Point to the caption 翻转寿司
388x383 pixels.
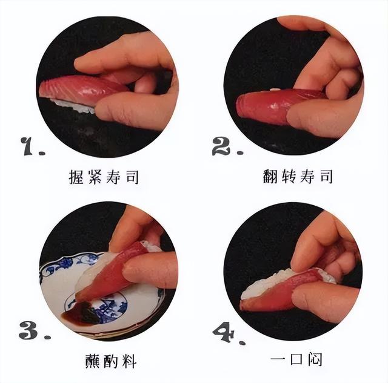coord(298,177)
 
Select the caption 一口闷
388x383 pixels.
coord(296,359)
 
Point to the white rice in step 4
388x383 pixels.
coord(267,284)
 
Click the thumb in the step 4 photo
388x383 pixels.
coord(321,296)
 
